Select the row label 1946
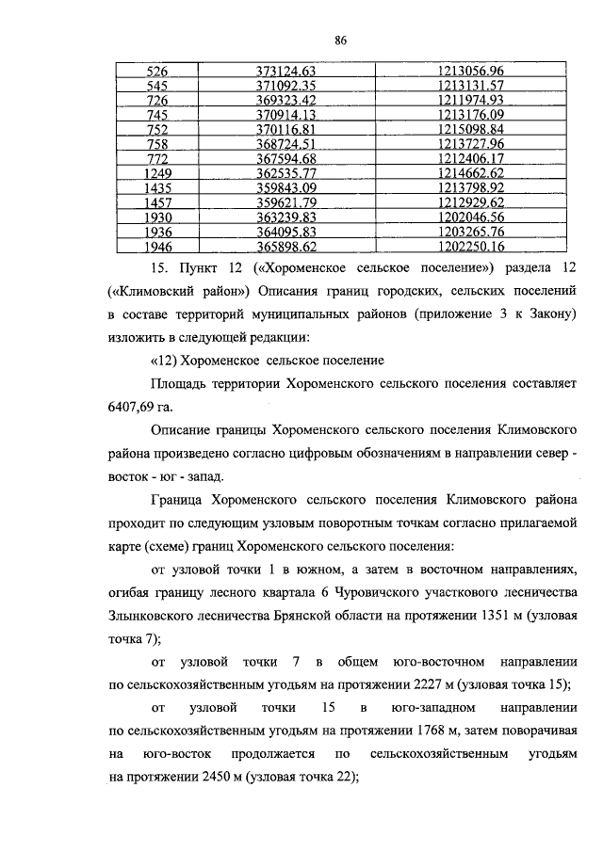(x=157, y=247)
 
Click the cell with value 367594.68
(x=298, y=159)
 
